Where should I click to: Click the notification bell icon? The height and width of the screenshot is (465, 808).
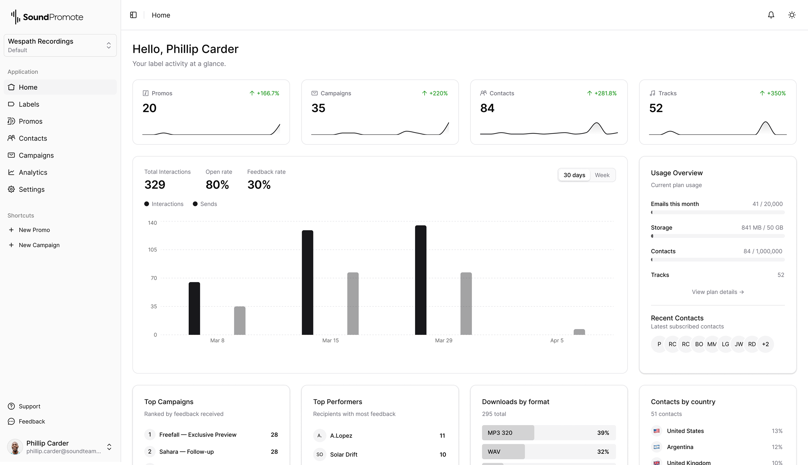771,15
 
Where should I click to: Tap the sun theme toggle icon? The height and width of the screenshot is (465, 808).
792,15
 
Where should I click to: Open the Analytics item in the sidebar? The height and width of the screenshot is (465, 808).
33,172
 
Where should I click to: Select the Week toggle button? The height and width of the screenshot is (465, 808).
602,175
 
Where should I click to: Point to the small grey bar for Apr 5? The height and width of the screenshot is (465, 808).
579,332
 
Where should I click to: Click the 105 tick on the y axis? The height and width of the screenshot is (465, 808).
152,249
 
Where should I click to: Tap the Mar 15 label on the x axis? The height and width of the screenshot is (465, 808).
330,340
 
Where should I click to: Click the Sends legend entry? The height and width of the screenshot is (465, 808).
205,204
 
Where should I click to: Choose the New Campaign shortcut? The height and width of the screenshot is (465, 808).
39,245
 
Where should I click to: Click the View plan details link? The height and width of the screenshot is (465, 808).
717,292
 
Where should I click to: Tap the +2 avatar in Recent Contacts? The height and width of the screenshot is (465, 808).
765,344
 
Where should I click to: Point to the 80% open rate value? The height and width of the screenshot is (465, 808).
217,185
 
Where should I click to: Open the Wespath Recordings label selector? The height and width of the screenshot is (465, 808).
60,45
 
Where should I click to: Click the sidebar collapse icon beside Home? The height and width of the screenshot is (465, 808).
133,15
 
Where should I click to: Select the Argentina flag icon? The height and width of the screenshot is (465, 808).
656,447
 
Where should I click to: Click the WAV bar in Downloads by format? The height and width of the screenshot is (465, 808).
503,451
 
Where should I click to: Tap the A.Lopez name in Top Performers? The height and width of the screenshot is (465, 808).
341,435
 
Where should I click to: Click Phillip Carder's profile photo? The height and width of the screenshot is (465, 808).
15,446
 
